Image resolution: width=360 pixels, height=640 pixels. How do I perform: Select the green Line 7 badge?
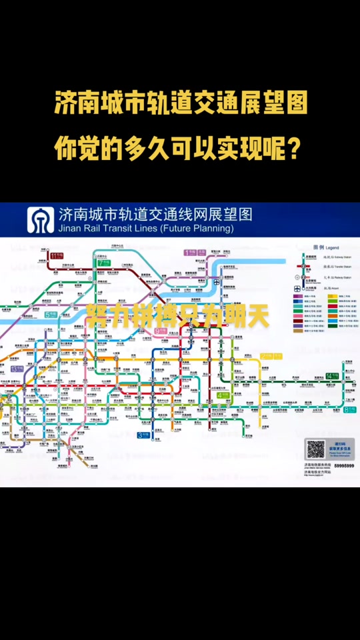pyautogui.click(x=105, y=262)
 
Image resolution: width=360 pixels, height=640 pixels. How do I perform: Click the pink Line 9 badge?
pyautogui.click(x=160, y=330)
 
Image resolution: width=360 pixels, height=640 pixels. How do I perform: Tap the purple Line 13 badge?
pyautogui.click(x=16, y=369)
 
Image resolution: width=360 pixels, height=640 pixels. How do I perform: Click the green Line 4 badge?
pyautogui.click(x=223, y=395)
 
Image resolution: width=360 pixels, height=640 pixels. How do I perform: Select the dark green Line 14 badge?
pyautogui.click(x=332, y=376)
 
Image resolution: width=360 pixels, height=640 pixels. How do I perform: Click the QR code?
pyautogui.click(x=315, y=449)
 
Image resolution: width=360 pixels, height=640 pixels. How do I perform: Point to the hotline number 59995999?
pyautogui.click(x=344, y=465)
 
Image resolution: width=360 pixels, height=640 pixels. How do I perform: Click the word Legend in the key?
pyautogui.click(x=331, y=247)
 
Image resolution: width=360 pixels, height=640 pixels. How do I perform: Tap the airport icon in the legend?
pyautogui.click(x=297, y=289)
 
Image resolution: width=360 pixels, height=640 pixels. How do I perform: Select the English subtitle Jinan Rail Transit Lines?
pyautogui.click(x=146, y=228)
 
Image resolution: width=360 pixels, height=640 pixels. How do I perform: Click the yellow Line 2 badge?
pyautogui.click(x=268, y=355)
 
